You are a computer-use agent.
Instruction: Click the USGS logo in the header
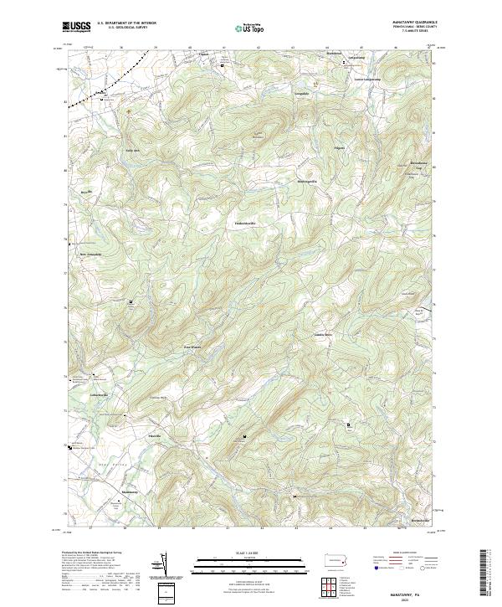click(x=76, y=27)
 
